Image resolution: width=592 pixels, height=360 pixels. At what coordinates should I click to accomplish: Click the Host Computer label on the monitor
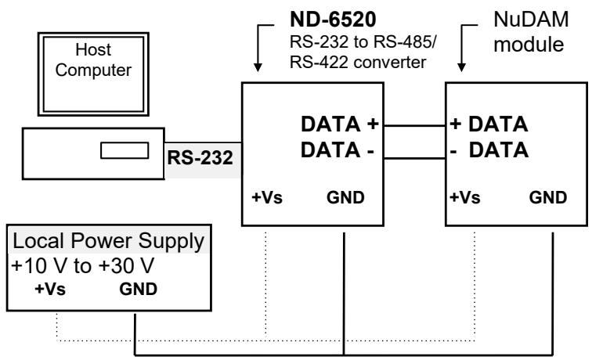93,60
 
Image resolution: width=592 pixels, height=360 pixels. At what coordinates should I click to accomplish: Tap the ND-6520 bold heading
333,20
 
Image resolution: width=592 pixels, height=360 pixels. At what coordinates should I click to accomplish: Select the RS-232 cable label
200,158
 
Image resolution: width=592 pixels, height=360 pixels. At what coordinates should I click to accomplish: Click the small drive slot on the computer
125,150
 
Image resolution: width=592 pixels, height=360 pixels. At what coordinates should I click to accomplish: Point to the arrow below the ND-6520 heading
258,48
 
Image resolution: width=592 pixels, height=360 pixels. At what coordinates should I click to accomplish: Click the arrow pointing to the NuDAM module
461,48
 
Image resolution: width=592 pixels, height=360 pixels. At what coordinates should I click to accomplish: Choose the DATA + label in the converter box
339,124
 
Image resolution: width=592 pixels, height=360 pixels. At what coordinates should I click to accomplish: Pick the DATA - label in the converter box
338,150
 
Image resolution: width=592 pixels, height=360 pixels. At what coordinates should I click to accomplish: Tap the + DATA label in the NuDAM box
489,124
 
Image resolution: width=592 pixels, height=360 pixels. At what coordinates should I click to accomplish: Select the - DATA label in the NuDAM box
489,150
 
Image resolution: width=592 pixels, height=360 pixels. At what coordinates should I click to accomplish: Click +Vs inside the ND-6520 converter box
267,197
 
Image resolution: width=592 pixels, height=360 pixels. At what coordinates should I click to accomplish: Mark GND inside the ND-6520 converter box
345,197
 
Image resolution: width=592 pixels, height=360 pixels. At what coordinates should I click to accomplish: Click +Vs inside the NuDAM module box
465,197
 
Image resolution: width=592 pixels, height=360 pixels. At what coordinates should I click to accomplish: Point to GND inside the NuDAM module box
548,197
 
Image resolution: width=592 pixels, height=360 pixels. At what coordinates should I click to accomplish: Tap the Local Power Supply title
108,241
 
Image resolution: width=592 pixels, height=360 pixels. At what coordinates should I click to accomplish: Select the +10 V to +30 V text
83,265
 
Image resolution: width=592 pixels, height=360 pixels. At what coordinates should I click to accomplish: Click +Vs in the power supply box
50,289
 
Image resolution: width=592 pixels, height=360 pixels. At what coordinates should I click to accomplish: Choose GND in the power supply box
138,289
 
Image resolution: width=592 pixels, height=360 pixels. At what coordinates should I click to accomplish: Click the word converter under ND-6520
390,63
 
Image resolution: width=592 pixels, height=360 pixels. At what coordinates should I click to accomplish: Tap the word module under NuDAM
529,45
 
